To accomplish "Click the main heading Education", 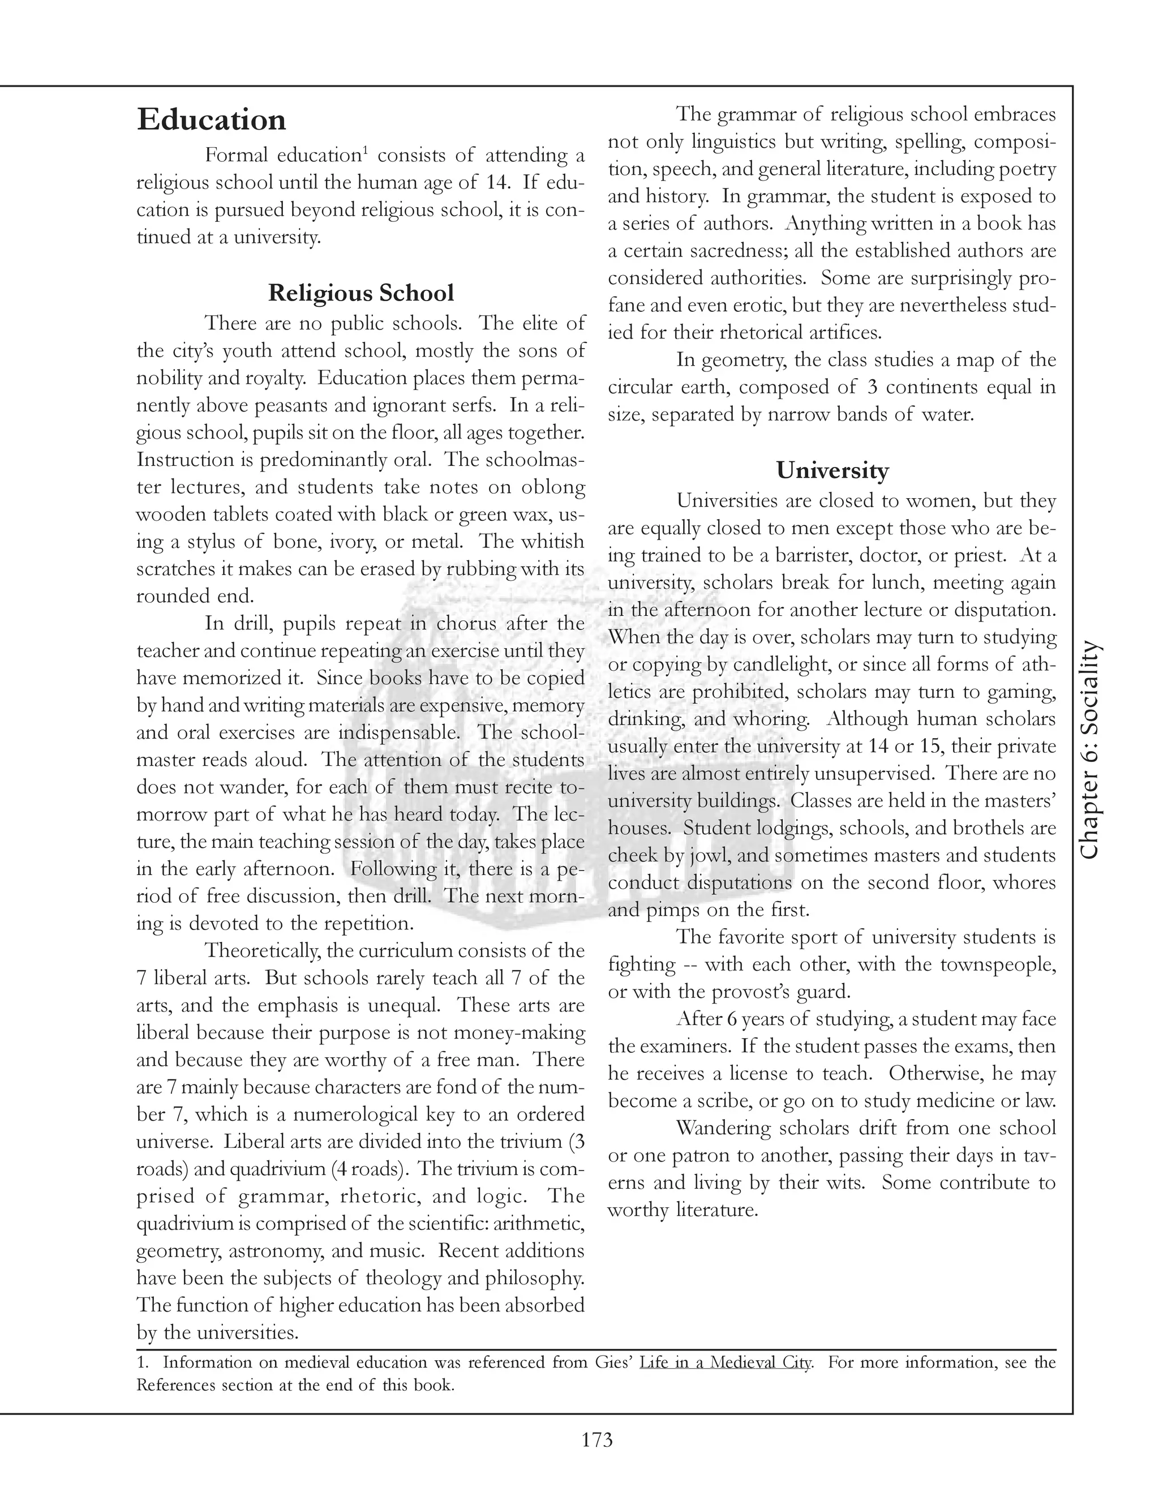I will [212, 119].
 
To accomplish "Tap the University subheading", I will [832, 470].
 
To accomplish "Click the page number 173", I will [596, 1439].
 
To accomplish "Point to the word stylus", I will [218, 541].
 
